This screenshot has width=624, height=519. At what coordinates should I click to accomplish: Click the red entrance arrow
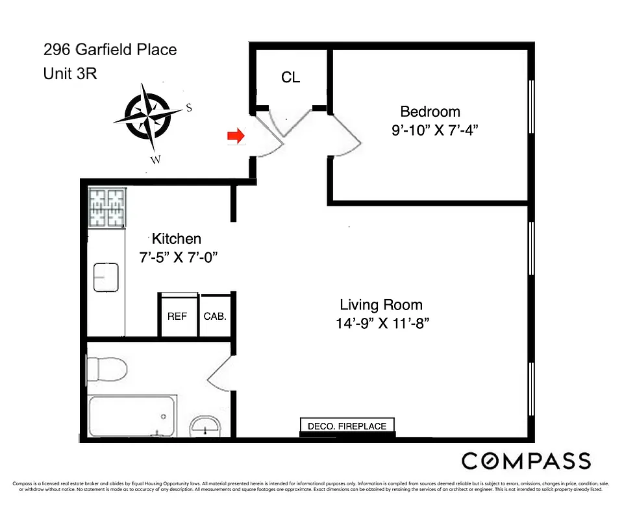click(x=234, y=136)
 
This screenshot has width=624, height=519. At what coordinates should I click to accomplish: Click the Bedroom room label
click(x=430, y=111)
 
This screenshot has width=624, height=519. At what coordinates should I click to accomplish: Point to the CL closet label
click(x=290, y=77)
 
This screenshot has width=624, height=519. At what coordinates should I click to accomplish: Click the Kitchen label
click(x=176, y=238)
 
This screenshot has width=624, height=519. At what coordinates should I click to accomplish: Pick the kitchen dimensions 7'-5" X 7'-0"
click(x=177, y=258)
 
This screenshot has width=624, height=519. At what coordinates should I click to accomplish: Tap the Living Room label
click(x=381, y=305)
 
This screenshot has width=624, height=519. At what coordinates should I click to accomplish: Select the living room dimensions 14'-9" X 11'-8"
click(x=382, y=323)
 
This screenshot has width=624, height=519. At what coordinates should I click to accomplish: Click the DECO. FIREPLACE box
click(x=347, y=426)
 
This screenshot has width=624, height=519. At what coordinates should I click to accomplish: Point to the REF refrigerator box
click(x=177, y=317)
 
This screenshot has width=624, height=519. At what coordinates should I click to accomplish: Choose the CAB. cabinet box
click(x=214, y=317)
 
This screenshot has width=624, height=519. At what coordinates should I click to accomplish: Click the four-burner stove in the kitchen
click(x=106, y=207)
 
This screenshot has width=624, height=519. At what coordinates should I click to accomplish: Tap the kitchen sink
click(x=106, y=278)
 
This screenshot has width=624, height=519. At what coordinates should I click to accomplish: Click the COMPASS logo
click(x=526, y=461)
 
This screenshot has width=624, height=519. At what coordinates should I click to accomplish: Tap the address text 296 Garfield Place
click(x=110, y=49)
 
